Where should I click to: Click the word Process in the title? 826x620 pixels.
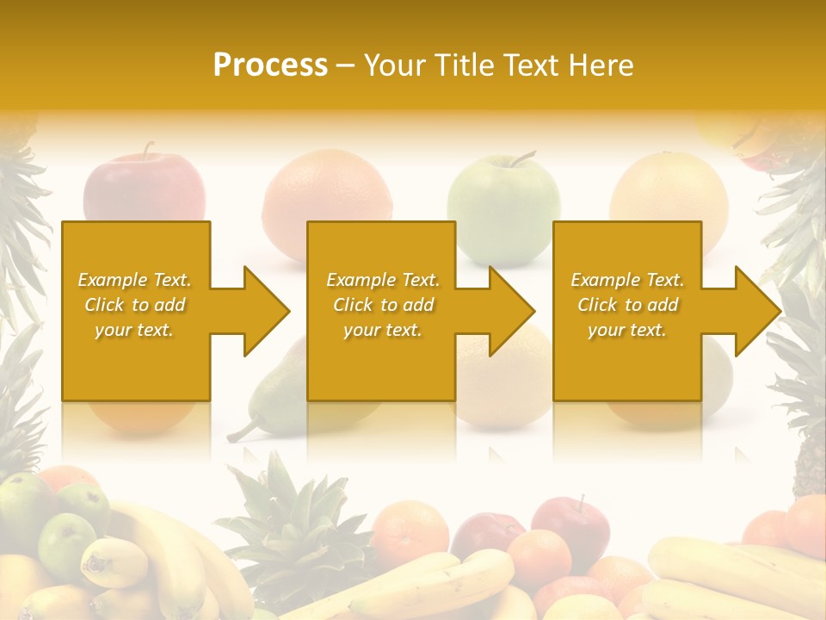pos(270,65)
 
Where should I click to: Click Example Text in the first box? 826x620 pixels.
pos(134,280)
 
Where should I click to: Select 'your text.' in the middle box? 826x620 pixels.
pos(382,330)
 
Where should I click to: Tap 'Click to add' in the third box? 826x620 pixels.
pos(627,305)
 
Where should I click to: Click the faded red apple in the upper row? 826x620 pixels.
pos(145,191)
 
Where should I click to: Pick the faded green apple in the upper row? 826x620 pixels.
pos(503,207)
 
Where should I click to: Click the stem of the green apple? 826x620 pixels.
pos(521,158)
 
